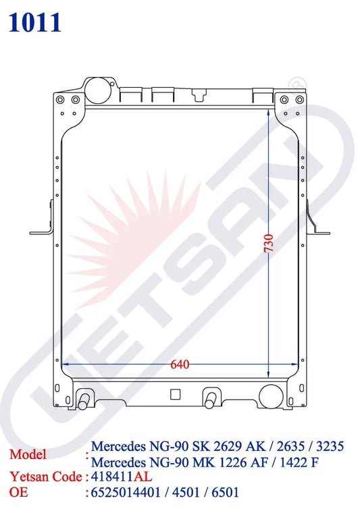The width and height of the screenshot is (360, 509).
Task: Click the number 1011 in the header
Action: pyautogui.click(x=36, y=22)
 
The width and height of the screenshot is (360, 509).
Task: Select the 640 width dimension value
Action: pyautogui.click(x=179, y=365)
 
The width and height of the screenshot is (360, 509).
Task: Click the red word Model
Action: pyautogui.click(x=28, y=454)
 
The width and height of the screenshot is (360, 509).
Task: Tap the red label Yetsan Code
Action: pyautogui.click(x=45, y=477)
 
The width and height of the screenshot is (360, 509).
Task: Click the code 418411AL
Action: pyautogui.click(x=122, y=477)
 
